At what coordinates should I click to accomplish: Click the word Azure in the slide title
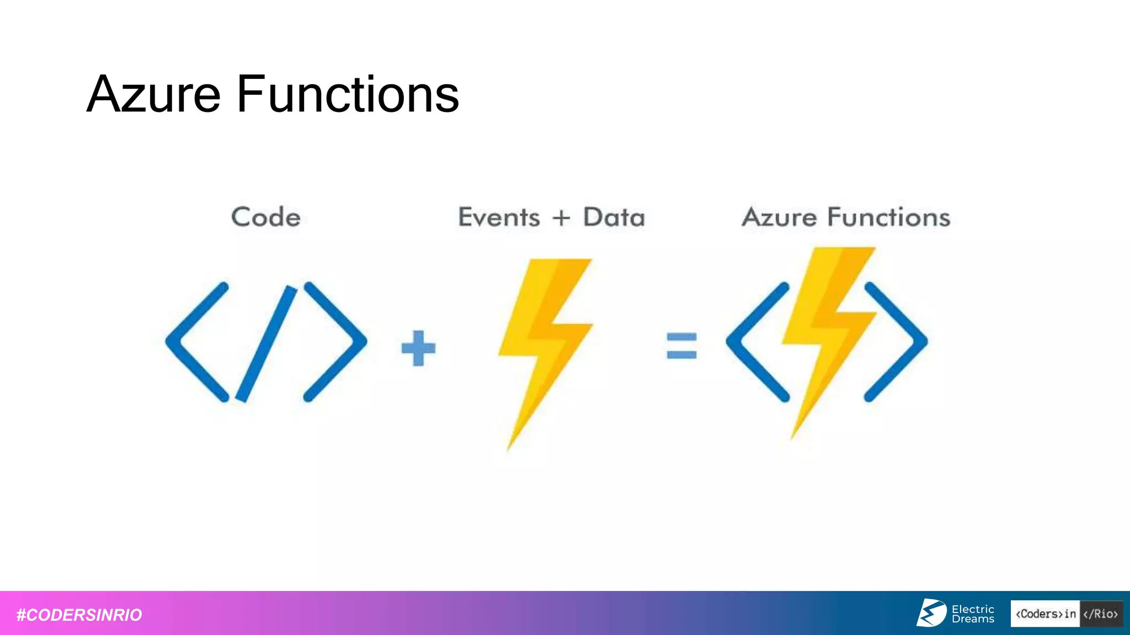point(154,95)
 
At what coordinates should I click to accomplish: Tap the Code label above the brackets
point(266,217)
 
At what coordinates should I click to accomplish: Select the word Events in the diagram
point(499,217)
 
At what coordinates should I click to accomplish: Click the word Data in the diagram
point(614,217)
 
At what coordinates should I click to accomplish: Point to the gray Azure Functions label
point(846,217)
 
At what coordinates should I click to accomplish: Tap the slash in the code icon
point(266,343)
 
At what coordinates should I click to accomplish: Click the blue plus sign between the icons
point(418,348)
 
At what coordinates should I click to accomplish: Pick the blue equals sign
point(681,346)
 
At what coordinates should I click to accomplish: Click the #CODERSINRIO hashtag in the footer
point(79,615)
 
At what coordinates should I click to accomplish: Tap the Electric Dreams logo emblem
point(932,613)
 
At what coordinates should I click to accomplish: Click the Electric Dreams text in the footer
point(973,614)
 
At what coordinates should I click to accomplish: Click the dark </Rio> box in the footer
point(1101,614)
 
